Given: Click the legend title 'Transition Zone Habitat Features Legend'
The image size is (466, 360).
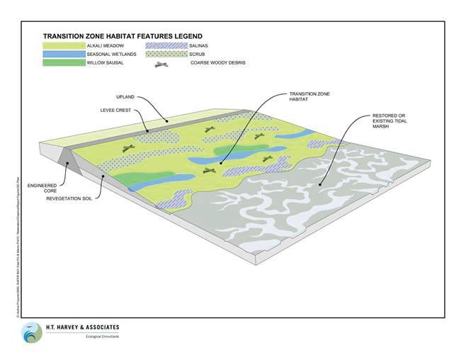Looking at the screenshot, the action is (x=122, y=36).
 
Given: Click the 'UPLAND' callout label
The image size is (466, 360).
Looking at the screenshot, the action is (x=125, y=96).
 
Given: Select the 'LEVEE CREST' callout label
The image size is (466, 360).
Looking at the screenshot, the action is (x=114, y=111).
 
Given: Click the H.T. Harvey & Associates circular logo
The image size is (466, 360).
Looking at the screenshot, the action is (x=31, y=332).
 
